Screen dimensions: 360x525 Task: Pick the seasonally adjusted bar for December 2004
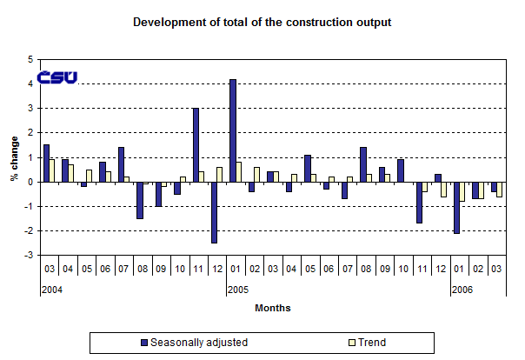214,212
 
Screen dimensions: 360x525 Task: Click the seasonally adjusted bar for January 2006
456,208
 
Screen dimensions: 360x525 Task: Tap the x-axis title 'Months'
272,308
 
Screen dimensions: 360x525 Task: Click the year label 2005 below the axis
237,290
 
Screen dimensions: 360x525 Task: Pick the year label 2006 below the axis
461,290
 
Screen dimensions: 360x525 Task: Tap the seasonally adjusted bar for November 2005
419,203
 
